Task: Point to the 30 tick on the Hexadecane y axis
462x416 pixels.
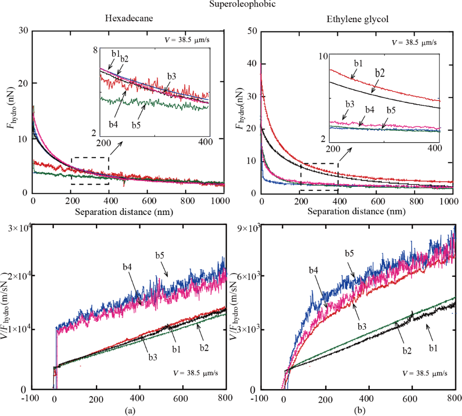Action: pyautogui.click(x=23, y=31)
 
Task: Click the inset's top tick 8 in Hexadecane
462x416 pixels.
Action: pyautogui.click(x=95, y=51)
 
